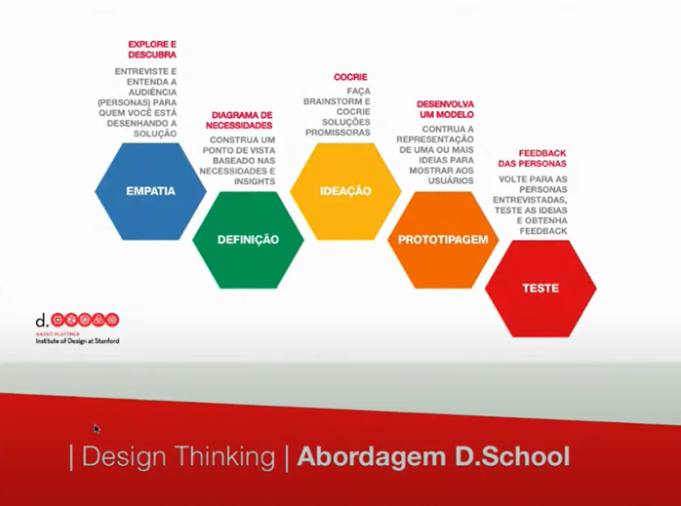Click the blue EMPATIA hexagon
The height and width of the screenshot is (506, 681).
150,191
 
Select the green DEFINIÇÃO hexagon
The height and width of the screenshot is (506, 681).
248,240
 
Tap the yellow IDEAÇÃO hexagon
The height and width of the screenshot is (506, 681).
345,191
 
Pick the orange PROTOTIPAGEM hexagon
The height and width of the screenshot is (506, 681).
443,240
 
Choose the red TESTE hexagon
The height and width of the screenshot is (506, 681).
541,289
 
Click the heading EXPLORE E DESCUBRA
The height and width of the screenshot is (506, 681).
152,49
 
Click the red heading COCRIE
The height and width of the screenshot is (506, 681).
350,77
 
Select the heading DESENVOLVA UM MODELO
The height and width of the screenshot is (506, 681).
445,109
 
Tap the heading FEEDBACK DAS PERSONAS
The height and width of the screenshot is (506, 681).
541,159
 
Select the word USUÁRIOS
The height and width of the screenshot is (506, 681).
450,181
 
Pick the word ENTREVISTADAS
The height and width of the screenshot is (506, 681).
534,200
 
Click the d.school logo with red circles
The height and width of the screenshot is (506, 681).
78,320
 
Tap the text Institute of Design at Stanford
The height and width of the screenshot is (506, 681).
77,341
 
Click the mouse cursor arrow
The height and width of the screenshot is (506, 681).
97,429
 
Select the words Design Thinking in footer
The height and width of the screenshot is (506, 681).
178,456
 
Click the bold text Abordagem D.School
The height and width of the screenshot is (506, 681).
433,456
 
